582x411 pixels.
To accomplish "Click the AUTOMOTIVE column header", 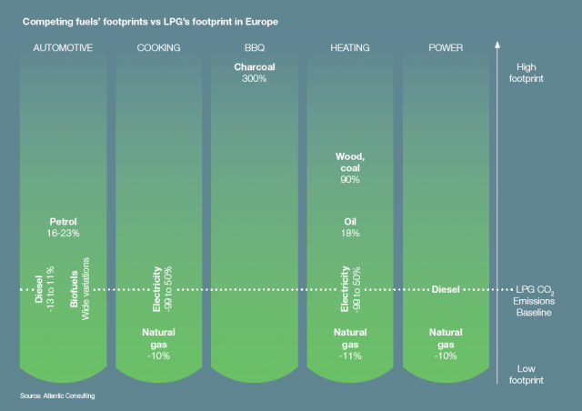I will (63, 48).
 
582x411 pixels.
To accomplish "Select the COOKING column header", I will (158, 48).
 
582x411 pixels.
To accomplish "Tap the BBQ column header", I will (255, 48).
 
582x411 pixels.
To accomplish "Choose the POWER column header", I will (445, 48).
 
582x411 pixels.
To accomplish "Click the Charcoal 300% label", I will (255, 73).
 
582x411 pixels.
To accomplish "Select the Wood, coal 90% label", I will (349, 168).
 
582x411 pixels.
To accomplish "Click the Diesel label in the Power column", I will (446, 289).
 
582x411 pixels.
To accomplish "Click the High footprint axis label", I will (531, 73).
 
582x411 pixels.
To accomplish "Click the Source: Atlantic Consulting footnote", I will (57, 396).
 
